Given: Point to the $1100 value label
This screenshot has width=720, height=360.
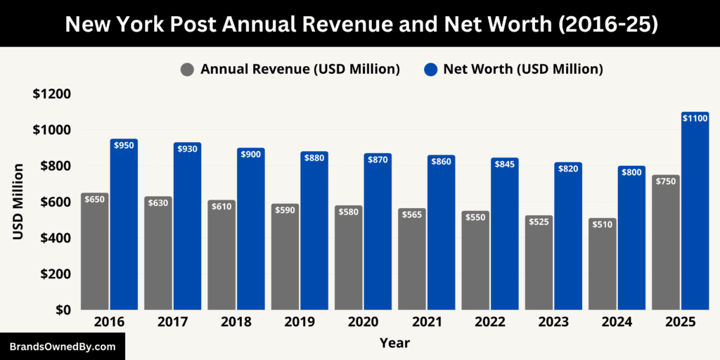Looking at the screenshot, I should click(x=695, y=118).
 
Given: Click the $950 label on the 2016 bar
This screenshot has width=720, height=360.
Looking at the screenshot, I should click(x=124, y=146).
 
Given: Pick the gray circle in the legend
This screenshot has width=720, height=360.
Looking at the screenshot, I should click(x=187, y=69).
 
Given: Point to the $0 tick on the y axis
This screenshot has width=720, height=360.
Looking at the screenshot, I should click(x=61, y=309).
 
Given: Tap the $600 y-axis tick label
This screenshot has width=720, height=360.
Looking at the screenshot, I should click(x=54, y=202).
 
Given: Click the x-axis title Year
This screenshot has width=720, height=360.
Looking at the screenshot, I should click(x=394, y=343).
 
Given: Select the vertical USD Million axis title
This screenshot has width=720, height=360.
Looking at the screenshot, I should click(x=18, y=202).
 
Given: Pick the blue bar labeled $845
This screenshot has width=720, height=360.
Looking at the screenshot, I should click(x=504, y=239).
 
